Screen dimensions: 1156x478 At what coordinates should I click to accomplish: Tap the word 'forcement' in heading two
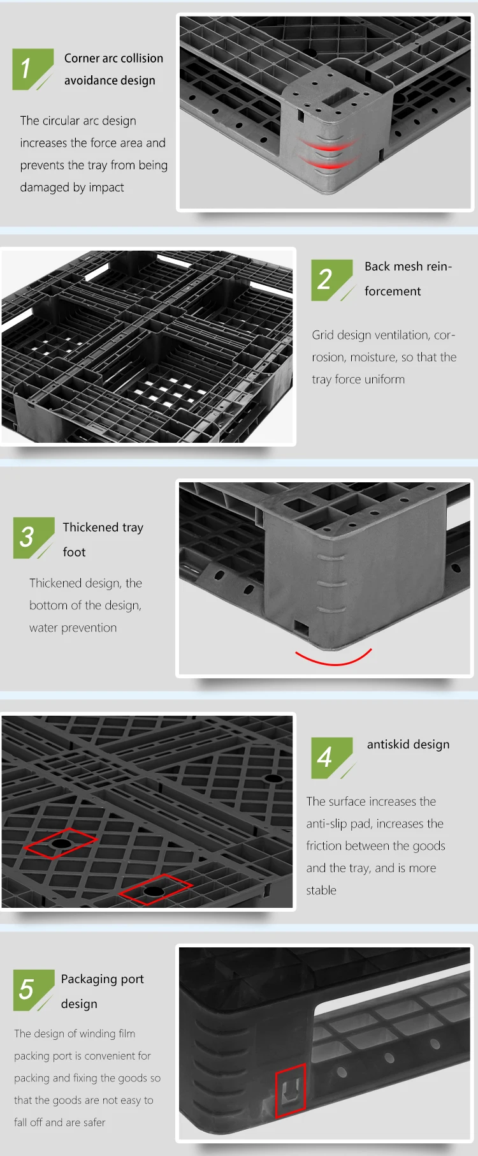pyautogui.click(x=393, y=292)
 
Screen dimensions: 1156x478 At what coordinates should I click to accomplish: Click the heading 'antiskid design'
pyautogui.click(x=408, y=745)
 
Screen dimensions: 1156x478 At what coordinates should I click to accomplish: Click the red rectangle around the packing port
pyautogui.click(x=290, y=1090)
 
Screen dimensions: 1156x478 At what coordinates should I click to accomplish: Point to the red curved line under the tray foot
pyautogui.click(x=333, y=660)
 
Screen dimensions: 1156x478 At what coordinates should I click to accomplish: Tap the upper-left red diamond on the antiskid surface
pyautogui.click(x=61, y=843)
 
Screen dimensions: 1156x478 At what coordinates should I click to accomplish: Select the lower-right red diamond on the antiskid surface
pyautogui.click(x=155, y=889)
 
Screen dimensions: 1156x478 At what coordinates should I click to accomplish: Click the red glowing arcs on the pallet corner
pyautogui.click(x=328, y=155)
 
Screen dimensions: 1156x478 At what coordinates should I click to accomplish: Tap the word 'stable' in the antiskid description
pyautogui.click(x=321, y=891)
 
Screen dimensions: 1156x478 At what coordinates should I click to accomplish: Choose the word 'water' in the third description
pyautogui.click(x=44, y=628)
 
